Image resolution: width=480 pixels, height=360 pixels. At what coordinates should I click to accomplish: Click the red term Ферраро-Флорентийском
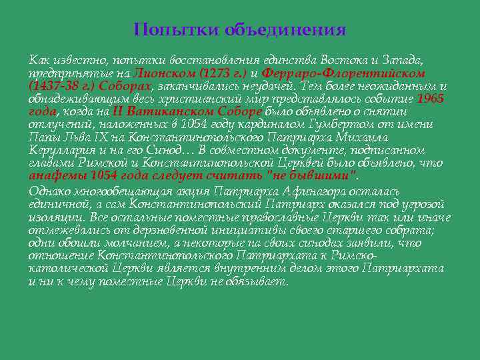343,73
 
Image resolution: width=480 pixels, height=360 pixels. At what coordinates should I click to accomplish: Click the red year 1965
430,99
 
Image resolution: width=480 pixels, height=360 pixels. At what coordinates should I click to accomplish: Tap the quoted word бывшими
329,175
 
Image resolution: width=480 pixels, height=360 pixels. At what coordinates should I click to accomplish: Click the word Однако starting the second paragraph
49,191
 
